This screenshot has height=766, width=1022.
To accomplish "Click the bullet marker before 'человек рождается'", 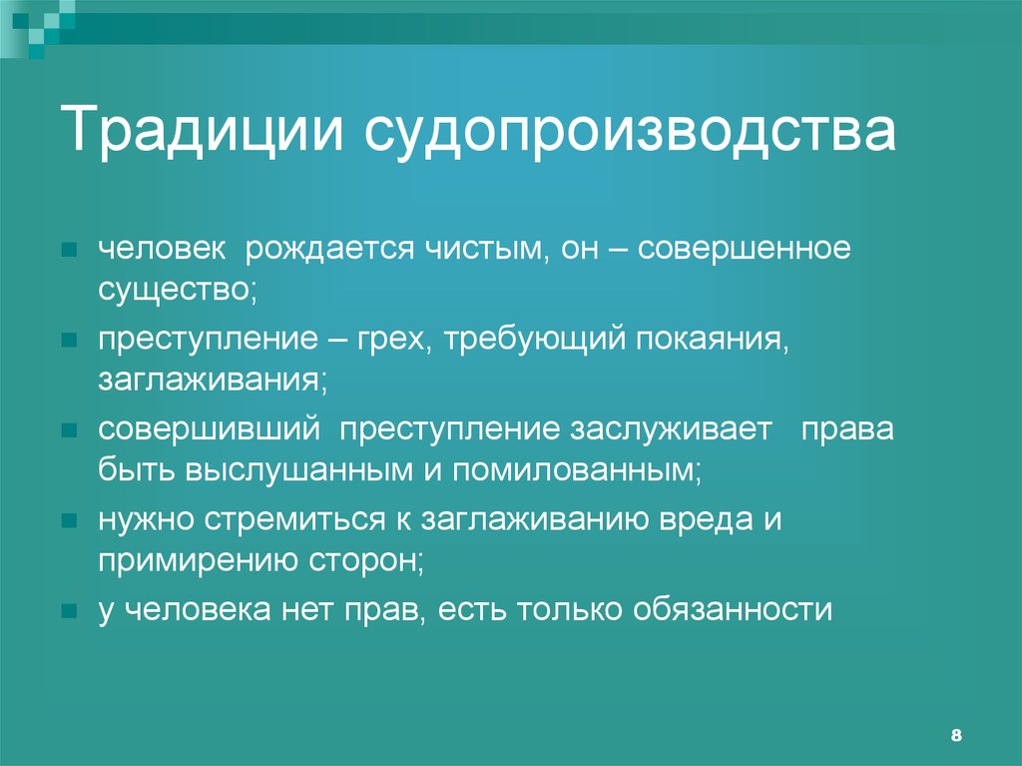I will coord(69,251).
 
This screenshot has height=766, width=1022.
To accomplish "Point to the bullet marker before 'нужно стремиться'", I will coord(69,522).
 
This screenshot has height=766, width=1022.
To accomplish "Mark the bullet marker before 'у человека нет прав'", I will coord(69,610).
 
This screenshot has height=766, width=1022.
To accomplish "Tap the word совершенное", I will coord(746,250).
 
